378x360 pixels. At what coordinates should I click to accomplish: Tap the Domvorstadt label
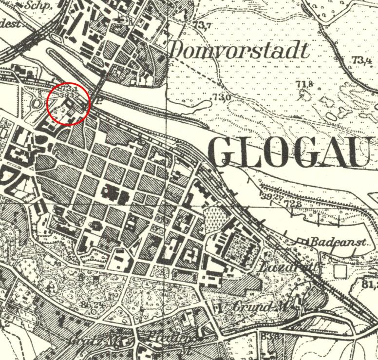(x=239, y=51)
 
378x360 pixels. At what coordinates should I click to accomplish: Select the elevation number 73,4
(x=361, y=60)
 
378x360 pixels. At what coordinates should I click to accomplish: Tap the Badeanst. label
(x=326, y=242)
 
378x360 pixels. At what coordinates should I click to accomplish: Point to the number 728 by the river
(x=293, y=203)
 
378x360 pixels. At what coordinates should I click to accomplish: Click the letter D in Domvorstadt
(x=179, y=51)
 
